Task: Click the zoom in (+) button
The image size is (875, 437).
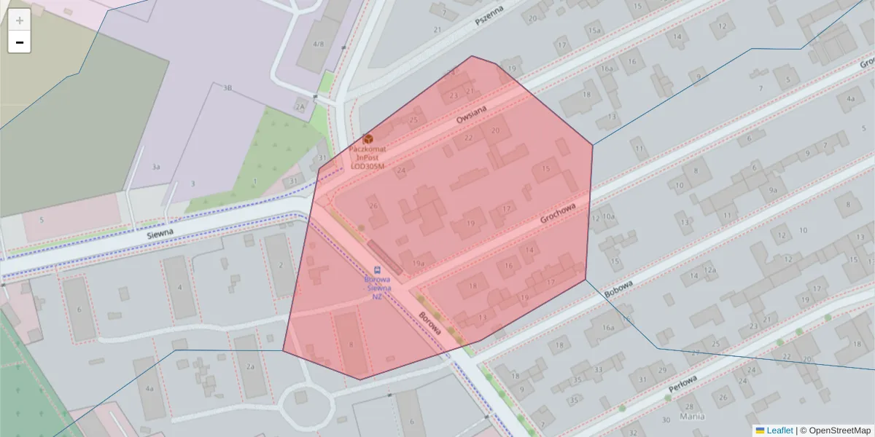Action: (x=19, y=20)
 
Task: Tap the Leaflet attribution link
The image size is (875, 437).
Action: (x=779, y=430)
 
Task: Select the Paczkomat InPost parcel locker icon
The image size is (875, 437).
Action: (x=367, y=138)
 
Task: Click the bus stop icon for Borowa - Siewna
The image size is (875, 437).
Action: (x=377, y=270)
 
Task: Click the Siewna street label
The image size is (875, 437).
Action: (x=160, y=232)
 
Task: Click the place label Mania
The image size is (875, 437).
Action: (x=691, y=417)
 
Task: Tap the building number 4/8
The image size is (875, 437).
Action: (x=318, y=44)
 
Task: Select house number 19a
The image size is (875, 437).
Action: (x=418, y=264)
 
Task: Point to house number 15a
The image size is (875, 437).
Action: (x=595, y=30)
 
